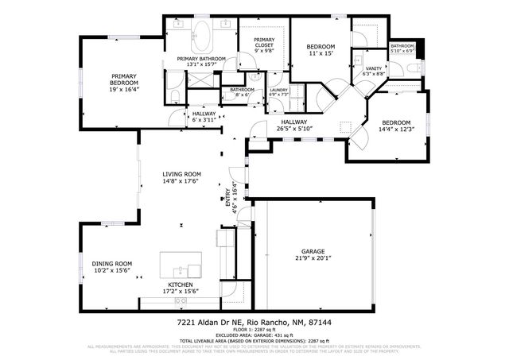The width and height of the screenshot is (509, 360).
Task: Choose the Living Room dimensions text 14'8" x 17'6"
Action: [181, 180]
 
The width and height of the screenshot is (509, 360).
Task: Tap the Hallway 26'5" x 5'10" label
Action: [297, 125]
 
